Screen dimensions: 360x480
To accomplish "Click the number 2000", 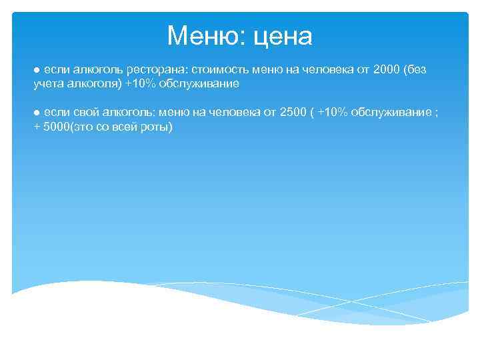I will (387, 71).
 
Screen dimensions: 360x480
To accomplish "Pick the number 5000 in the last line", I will (56, 127).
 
